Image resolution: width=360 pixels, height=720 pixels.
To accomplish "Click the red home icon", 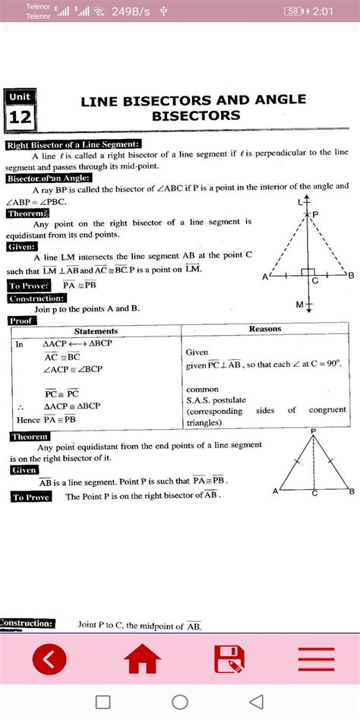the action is (x=144, y=660).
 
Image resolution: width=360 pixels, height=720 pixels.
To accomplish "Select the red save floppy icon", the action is (x=229, y=660).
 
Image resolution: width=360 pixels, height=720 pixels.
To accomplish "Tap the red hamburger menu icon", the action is (x=317, y=660).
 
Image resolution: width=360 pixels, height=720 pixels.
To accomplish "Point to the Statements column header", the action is (x=96, y=331).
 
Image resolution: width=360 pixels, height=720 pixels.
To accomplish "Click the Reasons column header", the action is (x=265, y=329).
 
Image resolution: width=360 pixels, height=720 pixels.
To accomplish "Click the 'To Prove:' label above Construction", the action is (x=30, y=286).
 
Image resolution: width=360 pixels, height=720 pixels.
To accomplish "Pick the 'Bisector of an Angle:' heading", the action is (x=49, y=178).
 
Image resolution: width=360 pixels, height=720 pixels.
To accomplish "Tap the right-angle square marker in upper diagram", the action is (x=308, y=272).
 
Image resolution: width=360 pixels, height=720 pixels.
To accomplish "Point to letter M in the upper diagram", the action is (x=299, y=305).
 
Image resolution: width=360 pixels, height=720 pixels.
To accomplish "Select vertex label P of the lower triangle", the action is (x=313, y=431).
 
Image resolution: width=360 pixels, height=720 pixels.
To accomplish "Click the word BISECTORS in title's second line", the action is (x=196, y=116).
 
